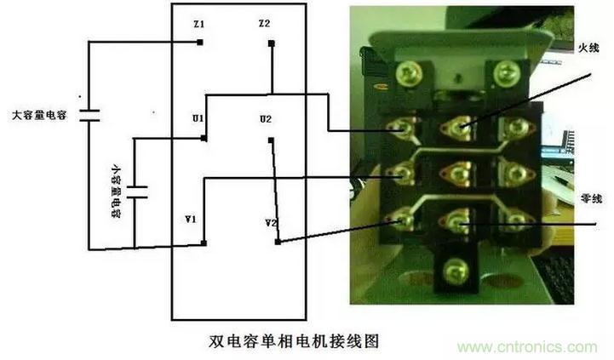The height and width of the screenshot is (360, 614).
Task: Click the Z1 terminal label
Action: [198, 26]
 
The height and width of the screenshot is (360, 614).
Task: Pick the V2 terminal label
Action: [271, 223]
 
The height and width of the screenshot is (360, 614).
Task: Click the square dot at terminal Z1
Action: [199, 41]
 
